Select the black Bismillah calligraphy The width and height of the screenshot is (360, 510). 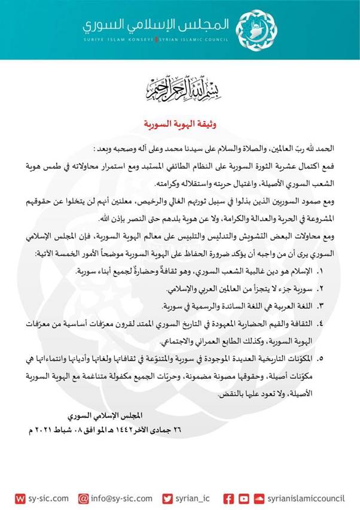tap(179, 88)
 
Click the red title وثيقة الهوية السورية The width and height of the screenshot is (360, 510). tap(179, 125)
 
